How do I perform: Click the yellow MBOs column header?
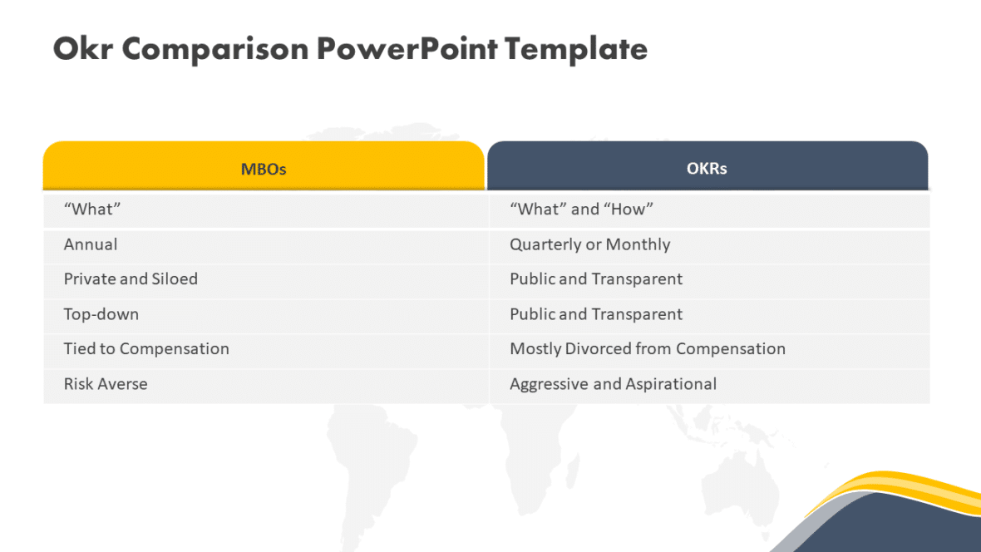click(264, 168)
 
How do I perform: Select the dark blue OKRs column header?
click(707, 168)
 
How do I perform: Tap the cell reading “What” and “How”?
click(581, 209)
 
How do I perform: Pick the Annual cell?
click(91, 244)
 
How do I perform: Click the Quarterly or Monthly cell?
click(589, 244)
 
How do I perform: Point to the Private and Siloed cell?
click(131, 279)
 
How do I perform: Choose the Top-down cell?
click(101, 314)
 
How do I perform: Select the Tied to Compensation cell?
click(146, 349)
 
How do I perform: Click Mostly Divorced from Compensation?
click(647, 349)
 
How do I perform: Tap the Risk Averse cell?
click(106, 384)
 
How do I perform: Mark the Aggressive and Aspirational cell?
click(613, 384)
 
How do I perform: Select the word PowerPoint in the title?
click(407, 49)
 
